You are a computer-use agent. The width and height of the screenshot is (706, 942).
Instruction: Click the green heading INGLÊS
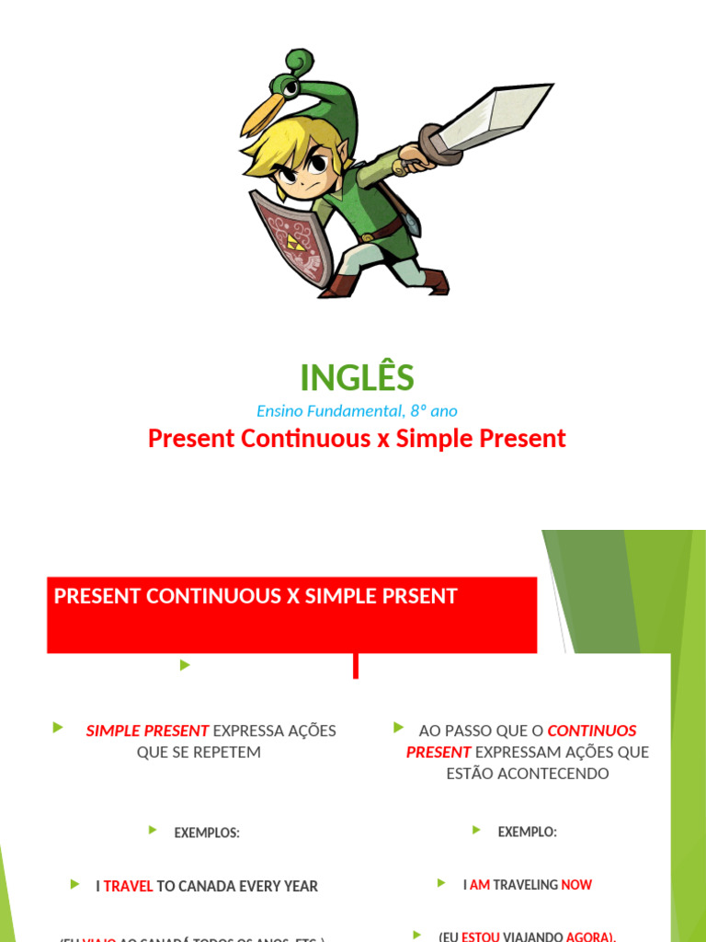tap(357, 377)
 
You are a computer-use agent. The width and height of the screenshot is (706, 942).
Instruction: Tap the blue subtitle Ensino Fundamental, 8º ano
tap(357, 411)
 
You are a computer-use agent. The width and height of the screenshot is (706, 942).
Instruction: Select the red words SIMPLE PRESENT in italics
tap(147, 731)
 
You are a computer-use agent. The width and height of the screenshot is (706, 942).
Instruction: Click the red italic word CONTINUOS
tap(592, 731)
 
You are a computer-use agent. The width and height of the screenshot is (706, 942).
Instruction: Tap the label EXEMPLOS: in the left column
tap(207, 833)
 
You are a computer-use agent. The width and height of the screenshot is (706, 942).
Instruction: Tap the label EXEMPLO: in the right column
tap(527, 832)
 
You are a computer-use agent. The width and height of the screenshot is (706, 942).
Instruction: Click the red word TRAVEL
tap(128, 887)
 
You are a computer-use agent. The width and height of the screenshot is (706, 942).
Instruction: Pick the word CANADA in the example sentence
tap(210, 887)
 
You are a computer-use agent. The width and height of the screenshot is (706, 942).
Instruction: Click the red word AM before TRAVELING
tap(480, 885)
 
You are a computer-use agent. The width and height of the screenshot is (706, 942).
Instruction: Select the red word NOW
tap(576, 885)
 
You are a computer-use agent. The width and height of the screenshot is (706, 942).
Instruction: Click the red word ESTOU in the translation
tap(481, 936)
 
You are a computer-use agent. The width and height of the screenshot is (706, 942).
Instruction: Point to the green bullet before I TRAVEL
tap(74, 885)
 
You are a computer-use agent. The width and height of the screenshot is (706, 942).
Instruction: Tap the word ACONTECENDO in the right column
tap(528, 774)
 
